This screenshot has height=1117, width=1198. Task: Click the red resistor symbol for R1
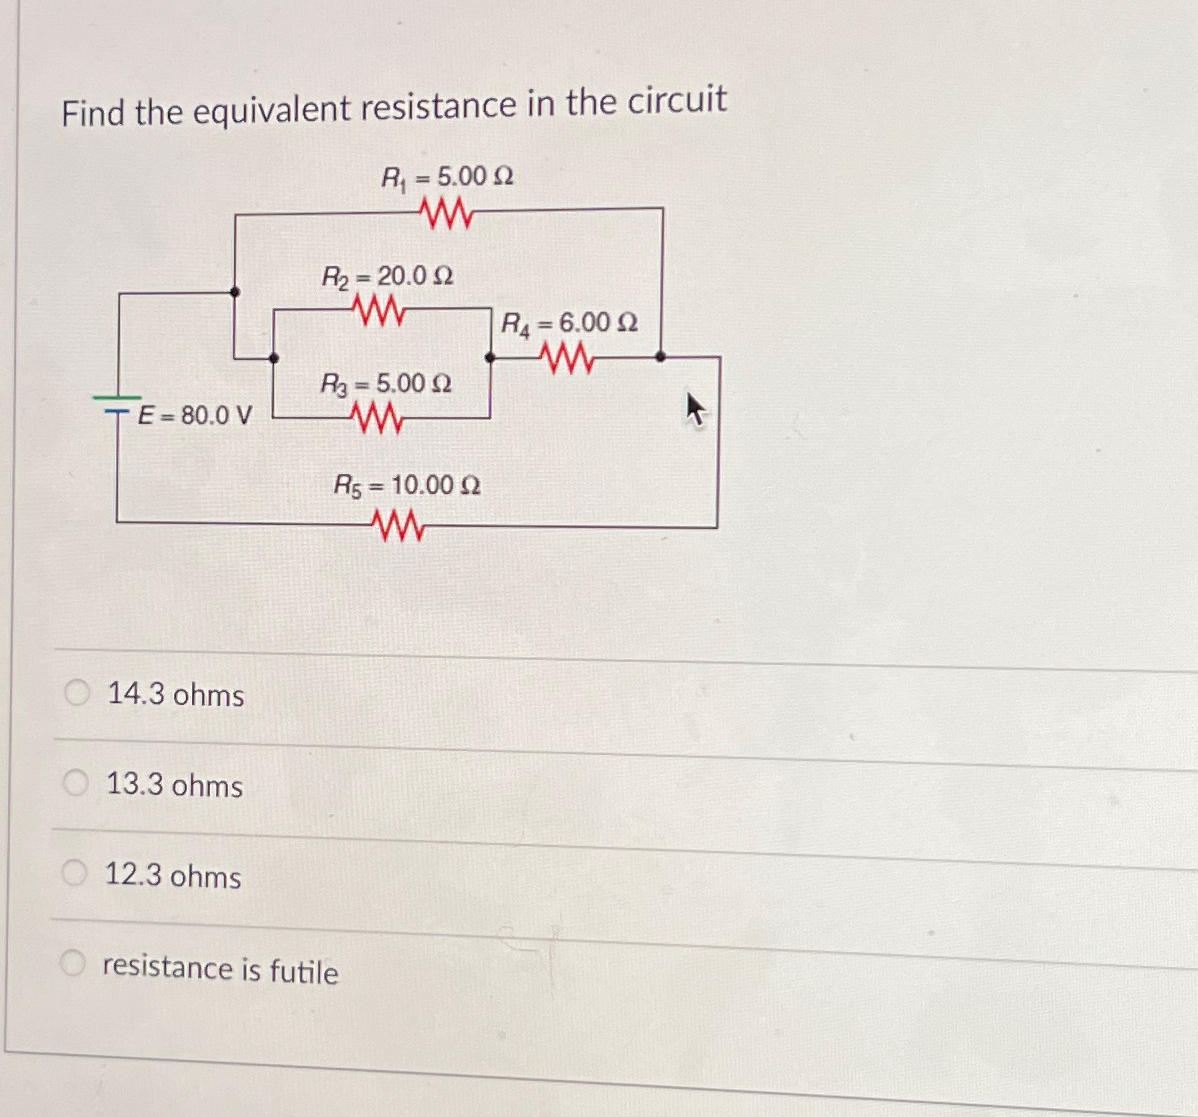point(445,211)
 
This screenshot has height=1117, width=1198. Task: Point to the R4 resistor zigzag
point(565,356)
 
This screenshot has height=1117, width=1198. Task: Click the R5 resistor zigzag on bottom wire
point(398,524)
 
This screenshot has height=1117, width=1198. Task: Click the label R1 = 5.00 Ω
point(447,177)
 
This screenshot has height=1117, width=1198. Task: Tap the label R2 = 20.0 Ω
point(387,275)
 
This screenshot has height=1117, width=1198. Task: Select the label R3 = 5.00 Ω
point(385,383)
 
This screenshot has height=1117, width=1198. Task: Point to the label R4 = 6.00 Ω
point(568,323)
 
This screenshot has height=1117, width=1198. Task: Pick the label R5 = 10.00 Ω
point(406,486)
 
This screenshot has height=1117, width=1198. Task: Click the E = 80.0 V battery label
point(195,414)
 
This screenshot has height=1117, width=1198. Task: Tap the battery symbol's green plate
point(118,398)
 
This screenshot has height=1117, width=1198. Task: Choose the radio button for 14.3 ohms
point(77,692)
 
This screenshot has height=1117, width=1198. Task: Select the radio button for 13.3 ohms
point(76,783)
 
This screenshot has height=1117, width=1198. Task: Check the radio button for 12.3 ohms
point(74,873)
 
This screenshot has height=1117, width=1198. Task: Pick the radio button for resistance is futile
point(72,964)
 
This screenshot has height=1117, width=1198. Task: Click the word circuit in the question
point(676,101)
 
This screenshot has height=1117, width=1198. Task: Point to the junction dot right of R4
point(660,355)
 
